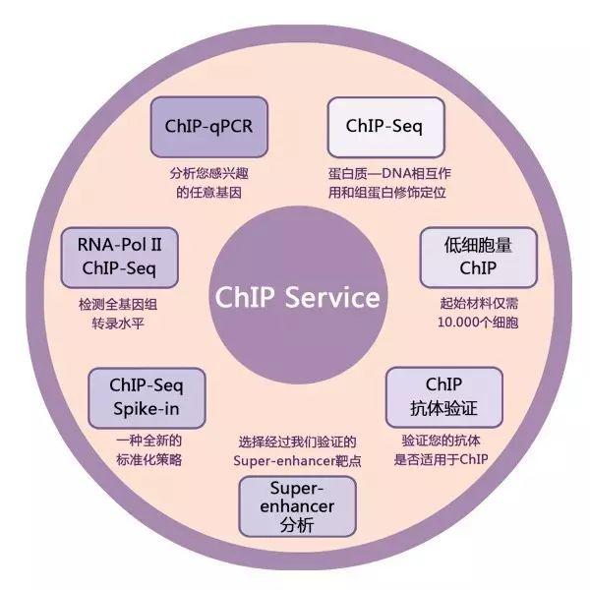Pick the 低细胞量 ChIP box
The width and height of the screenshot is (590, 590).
(466, 255)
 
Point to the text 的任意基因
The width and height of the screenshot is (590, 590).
(209, 192)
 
